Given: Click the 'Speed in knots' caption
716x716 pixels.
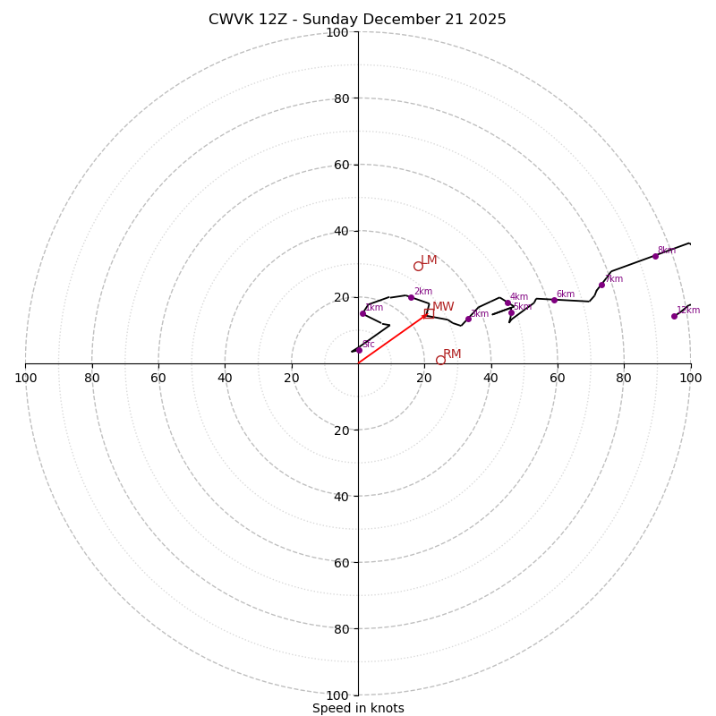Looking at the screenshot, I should [x=358, y=708].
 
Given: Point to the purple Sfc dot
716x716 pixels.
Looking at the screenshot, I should [x=359, y=350].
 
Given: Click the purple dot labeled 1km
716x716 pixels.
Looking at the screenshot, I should [x=362, y=313].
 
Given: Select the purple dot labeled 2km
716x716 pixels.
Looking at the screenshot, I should [x=411, y=297].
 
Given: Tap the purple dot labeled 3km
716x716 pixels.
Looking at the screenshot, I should [x=468, y=319].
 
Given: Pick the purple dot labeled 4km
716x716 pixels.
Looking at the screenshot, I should [x=507, y=303].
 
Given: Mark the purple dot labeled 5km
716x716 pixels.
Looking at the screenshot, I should [x=511, y=312].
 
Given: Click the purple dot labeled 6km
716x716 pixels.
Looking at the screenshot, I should [x=554, y=300].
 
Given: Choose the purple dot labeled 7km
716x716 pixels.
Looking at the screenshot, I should [x=601, y=285].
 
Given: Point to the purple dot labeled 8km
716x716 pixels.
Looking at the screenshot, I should [x=655, y=256].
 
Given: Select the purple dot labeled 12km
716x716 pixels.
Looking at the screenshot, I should [x=674, y=316].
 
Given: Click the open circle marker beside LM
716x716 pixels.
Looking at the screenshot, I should [x=418, y=266].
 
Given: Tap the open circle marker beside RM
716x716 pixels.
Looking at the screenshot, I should [x=440, y=360].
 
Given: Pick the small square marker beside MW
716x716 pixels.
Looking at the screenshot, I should [x=429, y=313].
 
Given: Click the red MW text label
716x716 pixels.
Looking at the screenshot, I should [x=444, y=307].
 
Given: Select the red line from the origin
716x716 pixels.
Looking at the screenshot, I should [x=391, y=339].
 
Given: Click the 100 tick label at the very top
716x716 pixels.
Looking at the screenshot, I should [x=337, y=32].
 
